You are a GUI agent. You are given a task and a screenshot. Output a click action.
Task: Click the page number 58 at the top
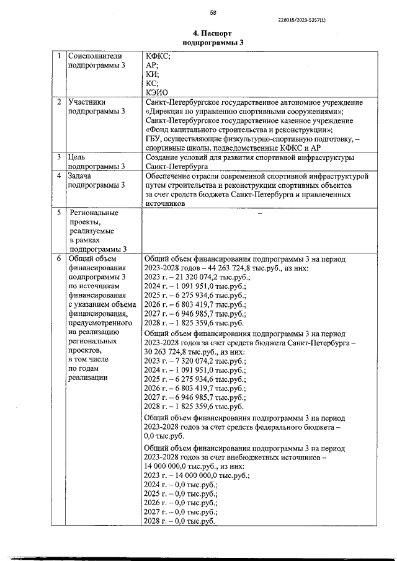213,12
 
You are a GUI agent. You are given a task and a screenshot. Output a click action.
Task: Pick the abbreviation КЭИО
156,92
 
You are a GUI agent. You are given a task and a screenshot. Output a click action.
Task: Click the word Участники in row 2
88,102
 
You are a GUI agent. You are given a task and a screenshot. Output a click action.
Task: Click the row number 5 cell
58,213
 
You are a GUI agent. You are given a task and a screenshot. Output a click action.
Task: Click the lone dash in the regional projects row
259,213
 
